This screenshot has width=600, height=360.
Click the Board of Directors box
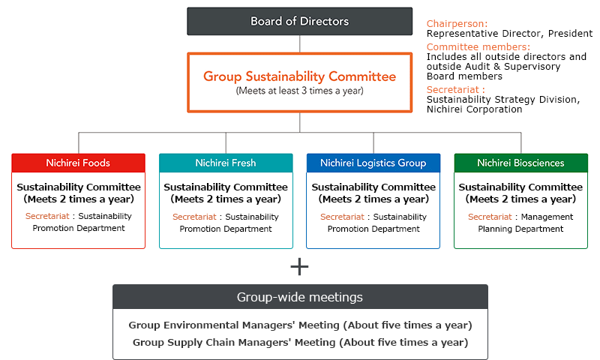(x=299, y=22)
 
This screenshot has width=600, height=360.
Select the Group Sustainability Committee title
(x=299, y=76)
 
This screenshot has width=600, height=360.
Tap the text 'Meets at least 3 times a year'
(x=299, y=91)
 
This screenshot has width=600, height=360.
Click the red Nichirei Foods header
(x=79, y=163)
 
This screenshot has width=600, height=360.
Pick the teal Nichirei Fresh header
(x=226, y=163)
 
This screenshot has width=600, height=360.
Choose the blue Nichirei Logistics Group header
(x=373, y=163)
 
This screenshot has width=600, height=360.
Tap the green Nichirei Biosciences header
(x=520, y=163)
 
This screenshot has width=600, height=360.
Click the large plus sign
(x=299, y=267)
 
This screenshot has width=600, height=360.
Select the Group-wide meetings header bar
(x=300, y=297)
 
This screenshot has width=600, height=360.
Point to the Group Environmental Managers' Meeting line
(x=301, y=325)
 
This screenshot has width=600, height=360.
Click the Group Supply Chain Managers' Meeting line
(x=301, y=343)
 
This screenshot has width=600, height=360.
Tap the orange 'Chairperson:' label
(x=457, y=24)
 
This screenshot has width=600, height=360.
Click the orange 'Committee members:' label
(x=478, y=47)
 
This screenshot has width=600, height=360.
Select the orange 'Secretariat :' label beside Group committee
(x=456, y=90)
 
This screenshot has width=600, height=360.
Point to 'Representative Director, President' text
(x=509, y=34)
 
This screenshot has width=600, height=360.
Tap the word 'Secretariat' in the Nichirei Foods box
(x=47, y=216)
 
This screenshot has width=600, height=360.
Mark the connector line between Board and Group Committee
(x=299, y=44)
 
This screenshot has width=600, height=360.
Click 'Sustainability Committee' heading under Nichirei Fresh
(x=226, y=187)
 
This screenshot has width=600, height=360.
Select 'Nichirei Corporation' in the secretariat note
(x=475, y=109)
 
